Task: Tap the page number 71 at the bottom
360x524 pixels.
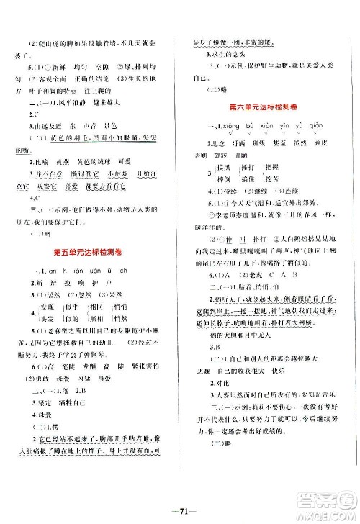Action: [180, 512]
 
